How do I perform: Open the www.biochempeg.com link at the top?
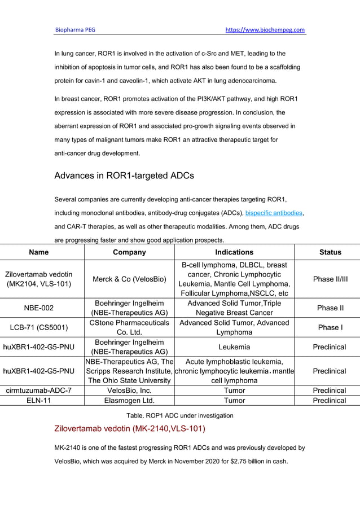[x=265, y=29]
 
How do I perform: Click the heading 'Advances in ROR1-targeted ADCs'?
[x=124, y=175]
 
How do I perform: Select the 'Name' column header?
[x=38, y=252]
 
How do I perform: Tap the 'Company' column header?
[x=129, y=252]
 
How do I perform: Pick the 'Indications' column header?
[x=234, y=252]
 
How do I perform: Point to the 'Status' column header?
[x=330, y=252]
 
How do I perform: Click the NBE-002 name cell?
[x=38, y=308]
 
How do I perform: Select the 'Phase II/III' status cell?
[x=330, y=279]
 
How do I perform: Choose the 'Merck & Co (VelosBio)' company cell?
[x=129, y=279]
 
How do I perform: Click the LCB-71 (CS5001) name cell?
[x=38, y=328]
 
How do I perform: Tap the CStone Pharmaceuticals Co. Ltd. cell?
[x=129, y=328]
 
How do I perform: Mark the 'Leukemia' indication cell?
[x=234, y=347]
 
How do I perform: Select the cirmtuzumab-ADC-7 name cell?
[x=38, y=390]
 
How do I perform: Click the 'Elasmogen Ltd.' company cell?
[x=129, y=401]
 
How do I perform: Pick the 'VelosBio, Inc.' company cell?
[x=129, y=390]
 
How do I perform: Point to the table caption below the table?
[x=179, y=415]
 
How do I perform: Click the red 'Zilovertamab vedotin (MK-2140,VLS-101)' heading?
[x=130, y=428]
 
